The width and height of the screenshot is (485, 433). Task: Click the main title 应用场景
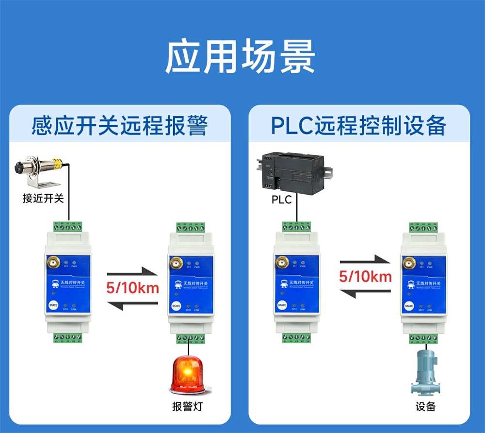241,57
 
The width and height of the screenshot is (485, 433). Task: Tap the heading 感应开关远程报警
119,126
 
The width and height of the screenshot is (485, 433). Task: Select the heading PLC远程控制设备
358,126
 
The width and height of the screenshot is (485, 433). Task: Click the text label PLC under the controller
281,200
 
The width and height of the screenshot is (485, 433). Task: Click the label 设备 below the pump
425,407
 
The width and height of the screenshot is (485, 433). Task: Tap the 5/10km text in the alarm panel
133,288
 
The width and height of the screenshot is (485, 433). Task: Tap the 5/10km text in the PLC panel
365,277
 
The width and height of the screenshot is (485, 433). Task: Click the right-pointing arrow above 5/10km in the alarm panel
132,272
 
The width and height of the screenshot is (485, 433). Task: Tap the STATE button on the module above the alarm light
176,306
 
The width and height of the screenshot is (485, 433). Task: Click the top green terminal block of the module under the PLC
296,226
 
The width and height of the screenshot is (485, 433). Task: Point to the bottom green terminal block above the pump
422,338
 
